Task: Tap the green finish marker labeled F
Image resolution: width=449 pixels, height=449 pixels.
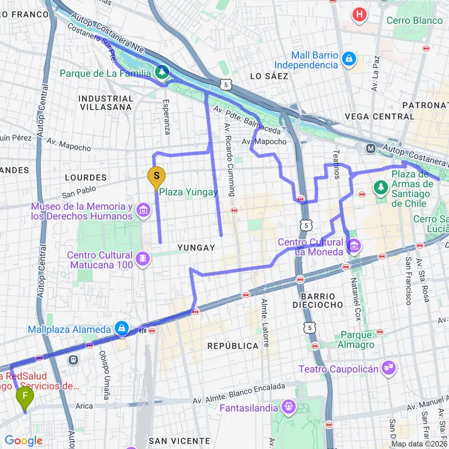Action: [x=25, y=396]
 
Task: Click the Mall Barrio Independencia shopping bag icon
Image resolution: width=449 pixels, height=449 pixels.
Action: [x=349, y=59]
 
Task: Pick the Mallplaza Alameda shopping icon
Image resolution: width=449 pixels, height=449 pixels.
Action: [x=122, y=328]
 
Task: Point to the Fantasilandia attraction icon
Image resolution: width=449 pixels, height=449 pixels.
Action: [x=289, y=408]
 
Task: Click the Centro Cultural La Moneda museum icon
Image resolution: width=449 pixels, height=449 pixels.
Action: [x=354, y=245]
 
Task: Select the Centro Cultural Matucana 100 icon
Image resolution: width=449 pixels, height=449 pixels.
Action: [x=143, y=258]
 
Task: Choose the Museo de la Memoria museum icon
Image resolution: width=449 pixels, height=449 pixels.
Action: [x=143, y=210]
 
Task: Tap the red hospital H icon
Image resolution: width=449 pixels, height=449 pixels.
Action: [x=359, y=14]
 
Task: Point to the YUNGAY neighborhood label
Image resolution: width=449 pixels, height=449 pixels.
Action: [x=196, y=247]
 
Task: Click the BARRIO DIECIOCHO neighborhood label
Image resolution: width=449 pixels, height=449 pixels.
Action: [x=318, y=301]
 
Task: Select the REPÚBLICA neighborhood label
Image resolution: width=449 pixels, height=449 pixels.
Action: [x=233, y=346]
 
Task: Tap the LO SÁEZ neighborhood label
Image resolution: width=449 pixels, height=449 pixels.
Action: [x=269, y=76]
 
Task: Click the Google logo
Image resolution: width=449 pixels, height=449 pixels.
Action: [x=23, y=441]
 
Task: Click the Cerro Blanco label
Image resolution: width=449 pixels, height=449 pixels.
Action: [x=414, y=20]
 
